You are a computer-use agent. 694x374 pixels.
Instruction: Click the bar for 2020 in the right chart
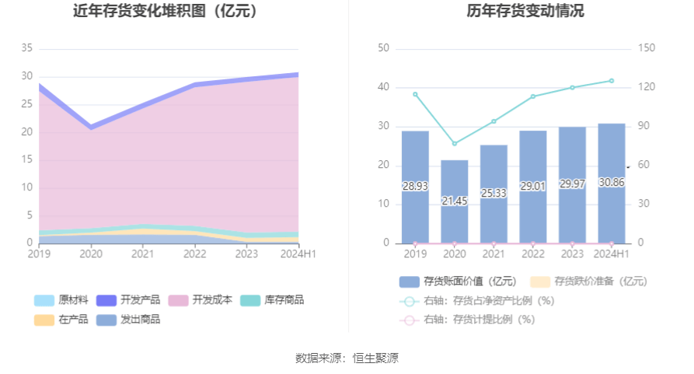(x=455, y=202)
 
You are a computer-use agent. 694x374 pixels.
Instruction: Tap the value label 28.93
(x=415, y=187)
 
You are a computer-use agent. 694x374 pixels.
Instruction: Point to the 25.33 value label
(x=493, y=193)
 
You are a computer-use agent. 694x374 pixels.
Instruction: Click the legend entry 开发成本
(x=201, y=300)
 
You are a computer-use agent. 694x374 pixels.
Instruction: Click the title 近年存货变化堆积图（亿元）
(x=165, y=12)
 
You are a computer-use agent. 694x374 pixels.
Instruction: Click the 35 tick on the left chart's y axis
(x=26, y=48)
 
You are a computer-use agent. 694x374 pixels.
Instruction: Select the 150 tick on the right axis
(x=647, y=48)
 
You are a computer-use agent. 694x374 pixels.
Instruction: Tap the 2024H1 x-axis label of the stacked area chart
(x=299, y=253)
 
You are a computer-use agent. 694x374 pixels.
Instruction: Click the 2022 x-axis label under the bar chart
(x=533, y=253)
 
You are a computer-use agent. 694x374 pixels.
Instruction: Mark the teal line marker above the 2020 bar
(x=455, y=144)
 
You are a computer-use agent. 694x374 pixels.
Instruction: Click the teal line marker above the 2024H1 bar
(x=612, y=81)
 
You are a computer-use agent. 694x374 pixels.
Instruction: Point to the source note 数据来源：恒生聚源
(x=347, y=358)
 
